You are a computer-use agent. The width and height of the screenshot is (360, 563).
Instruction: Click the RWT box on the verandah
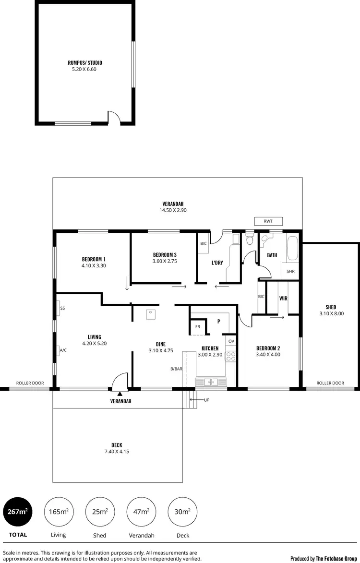(x=268, y=221)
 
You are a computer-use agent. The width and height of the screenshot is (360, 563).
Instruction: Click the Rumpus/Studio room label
(x=85, y=63)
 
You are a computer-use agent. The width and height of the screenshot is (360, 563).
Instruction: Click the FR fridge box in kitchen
(x=197, y=327)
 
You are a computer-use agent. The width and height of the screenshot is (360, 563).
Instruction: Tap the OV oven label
(x=231, y=341)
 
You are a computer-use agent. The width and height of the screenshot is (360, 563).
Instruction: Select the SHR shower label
(x=290, y=271)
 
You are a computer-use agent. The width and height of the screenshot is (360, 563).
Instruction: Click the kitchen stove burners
(x=231, y=356)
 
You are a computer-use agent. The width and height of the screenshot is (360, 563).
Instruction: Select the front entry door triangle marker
(x=119, y=393)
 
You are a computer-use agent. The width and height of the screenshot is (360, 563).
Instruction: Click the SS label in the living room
(x=62, y=308)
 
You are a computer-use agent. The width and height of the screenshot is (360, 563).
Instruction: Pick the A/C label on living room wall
(x=63, y=350)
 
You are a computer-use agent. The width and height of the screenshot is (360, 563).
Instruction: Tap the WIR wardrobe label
(x=283, y=298)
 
